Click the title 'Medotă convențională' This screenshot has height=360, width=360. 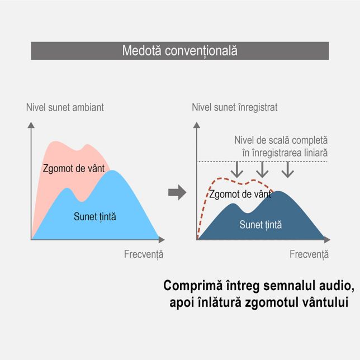point(180,51)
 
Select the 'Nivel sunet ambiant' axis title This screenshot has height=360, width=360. point(65,107)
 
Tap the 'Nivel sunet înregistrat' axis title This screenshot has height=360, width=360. point(235,107)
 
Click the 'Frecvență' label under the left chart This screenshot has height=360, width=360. point(144,254)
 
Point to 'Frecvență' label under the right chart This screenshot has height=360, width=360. point(309,254)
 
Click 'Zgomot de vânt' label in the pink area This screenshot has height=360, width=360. point(74,168)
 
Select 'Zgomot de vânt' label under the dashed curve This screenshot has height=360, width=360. point(240,194)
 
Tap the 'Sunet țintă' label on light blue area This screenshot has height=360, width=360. point(95,216)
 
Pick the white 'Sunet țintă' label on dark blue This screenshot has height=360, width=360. point(260,225)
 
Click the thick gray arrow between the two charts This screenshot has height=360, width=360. point(177,192)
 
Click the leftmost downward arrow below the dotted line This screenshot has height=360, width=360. point(237,169)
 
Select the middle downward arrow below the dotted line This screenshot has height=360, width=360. point(262,169)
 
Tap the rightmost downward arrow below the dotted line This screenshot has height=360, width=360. point(288,169)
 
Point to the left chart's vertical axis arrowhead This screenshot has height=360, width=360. point(31,125)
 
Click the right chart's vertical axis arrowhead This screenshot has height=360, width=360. point(197,125)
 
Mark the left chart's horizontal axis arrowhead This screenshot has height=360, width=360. point(162,240)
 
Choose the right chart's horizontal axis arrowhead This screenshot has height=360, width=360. point(327,240)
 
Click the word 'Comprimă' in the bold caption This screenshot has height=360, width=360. point(193,286)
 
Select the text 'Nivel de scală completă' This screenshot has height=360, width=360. point(281,140)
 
